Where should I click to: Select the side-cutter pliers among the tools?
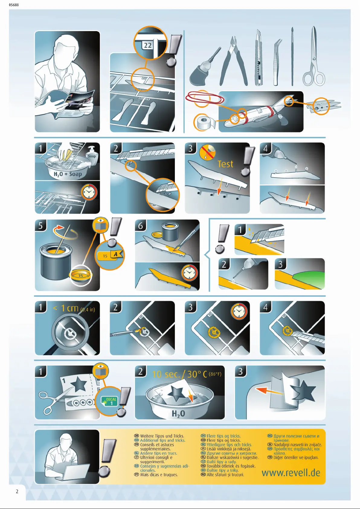(233, 61)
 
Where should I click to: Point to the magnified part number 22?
(148, 45)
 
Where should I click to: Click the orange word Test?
(225, 164)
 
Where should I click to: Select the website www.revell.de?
(291, 473)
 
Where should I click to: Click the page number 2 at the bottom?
(17, 491)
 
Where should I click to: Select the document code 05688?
(14, 5)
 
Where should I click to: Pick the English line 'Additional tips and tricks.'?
(162, 440)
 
